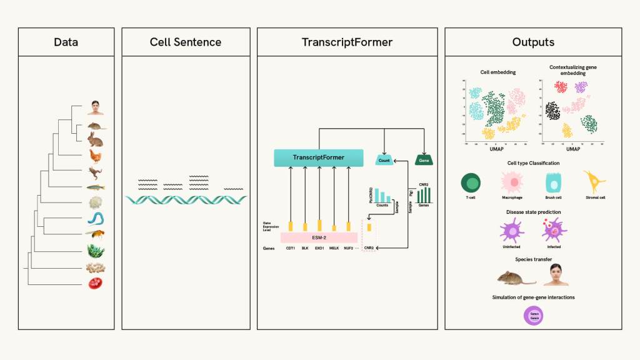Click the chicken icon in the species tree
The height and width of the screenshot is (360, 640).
96,156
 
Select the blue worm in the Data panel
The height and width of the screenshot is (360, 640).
96,219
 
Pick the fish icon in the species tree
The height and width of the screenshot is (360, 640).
96,187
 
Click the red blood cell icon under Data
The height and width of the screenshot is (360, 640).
95,283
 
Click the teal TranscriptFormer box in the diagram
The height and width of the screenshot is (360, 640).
318,157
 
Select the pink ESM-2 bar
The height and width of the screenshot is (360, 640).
319,237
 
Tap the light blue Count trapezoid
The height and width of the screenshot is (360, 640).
384,161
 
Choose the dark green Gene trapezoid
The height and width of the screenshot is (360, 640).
424,161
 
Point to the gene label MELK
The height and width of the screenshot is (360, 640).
334,248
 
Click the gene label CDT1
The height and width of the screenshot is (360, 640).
291,248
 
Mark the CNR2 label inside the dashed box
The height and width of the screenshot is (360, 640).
369,248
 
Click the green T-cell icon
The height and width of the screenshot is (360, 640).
471,182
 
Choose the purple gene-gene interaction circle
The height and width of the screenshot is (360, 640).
533,316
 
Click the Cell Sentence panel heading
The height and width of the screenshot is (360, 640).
185,42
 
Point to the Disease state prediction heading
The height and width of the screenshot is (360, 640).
533,212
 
